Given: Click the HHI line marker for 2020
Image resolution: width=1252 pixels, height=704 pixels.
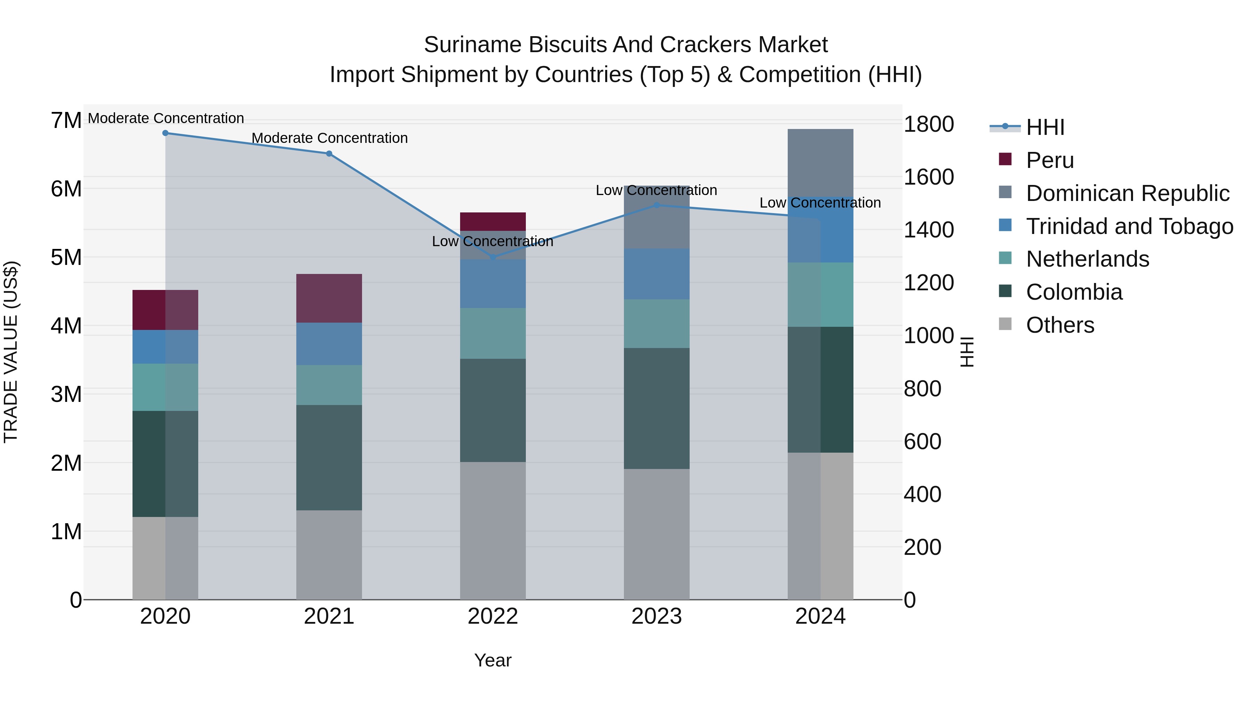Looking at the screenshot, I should [x=165, y=133].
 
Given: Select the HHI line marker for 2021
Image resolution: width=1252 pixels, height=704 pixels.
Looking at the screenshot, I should [x=329, y=154].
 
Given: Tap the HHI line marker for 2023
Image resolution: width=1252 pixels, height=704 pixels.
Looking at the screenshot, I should [x=657, y=205].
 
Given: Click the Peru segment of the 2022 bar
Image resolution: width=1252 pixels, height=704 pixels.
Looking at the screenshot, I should [x=493, y=221].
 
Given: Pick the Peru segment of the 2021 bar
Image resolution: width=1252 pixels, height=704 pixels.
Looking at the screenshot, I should [x=329, y=298].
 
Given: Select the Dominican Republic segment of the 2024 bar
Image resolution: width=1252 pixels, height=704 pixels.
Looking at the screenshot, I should [x=820, y=163].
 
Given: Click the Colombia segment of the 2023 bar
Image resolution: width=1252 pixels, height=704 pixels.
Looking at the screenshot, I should [x=657, y=408].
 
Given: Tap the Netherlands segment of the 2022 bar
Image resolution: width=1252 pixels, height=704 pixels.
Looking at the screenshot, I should [x=493, y=333].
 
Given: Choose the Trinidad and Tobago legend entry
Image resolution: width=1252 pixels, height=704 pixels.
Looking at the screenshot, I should [x=1129, y=226].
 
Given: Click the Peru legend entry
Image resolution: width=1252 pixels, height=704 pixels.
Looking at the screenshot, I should [x=1050, y=160].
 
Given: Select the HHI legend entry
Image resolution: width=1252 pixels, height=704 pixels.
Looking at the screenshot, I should [x=1045, y=127].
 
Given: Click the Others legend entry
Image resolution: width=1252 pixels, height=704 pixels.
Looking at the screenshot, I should [x=1060, y=325].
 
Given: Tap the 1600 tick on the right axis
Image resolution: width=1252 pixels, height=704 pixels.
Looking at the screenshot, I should [x=928, y=177].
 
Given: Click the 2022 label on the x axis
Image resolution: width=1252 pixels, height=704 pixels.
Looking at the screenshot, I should [x=493, y=616].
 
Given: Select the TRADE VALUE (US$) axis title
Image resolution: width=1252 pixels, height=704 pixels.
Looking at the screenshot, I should [x=11, y=352].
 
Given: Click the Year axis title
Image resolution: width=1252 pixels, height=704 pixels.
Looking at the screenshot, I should [x=493, y=660].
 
